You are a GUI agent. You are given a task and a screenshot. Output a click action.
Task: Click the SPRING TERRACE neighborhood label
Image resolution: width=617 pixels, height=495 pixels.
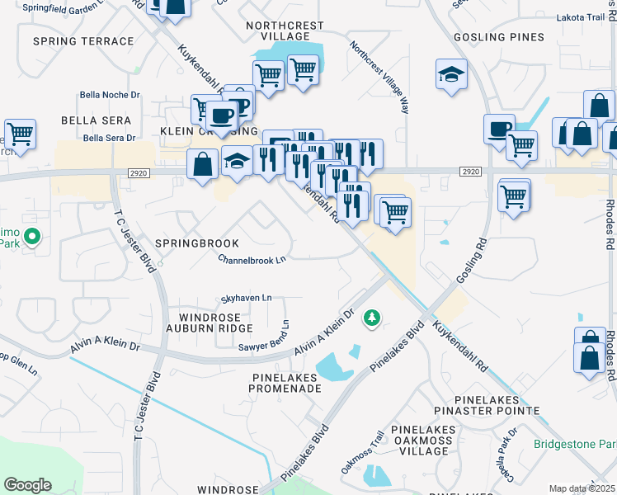(x=82, y=40)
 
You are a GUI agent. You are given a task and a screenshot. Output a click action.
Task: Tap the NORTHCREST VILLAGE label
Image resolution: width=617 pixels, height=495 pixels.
(x=285, y=31)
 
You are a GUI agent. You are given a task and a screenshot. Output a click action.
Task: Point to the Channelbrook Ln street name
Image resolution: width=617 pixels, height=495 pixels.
(x=252, y=259)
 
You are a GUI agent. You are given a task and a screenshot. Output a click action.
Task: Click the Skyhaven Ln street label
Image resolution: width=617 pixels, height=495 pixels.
(x=245, y=298)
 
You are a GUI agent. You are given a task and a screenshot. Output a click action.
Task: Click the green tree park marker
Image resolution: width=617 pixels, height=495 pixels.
(x=373, y=318)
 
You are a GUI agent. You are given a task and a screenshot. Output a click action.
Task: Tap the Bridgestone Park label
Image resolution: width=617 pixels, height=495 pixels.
(x=575, y=445)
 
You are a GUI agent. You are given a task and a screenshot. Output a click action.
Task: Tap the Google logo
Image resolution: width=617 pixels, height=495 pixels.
(x=27, y=485)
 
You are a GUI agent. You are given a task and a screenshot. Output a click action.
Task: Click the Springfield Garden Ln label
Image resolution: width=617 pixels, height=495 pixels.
(x=58, y=7)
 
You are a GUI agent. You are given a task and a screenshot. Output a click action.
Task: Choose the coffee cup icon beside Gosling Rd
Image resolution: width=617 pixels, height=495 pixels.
(x=498, y=129)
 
